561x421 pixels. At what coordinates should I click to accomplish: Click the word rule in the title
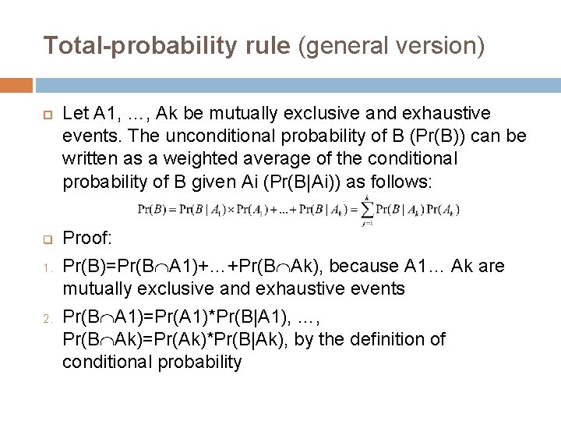267,47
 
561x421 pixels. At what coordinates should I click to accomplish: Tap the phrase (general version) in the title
392,47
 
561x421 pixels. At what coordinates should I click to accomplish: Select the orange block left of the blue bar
16,84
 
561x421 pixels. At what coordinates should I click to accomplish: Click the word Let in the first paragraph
75,114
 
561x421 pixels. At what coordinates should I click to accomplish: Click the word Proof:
87,237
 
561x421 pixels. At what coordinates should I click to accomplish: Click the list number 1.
45,267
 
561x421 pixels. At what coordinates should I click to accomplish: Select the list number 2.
45,317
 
